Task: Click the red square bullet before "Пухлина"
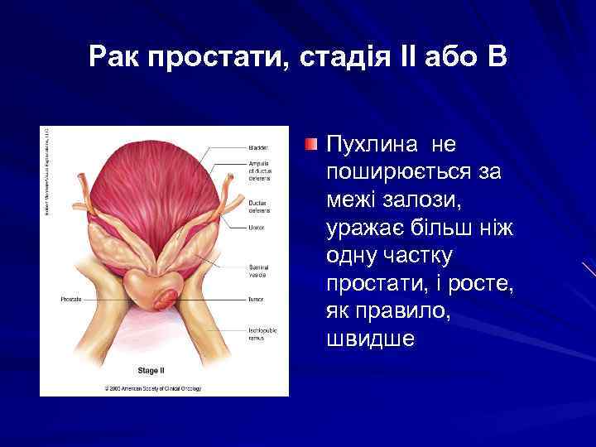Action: (x=310, y=145)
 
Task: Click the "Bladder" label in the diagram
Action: (x=258, y=147)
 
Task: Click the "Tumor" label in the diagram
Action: (x=256, y=298)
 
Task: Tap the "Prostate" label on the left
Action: (x=72, y=298)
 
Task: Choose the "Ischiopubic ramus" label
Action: (x=262, y=334)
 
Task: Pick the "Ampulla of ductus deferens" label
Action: (x=260, y=170)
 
